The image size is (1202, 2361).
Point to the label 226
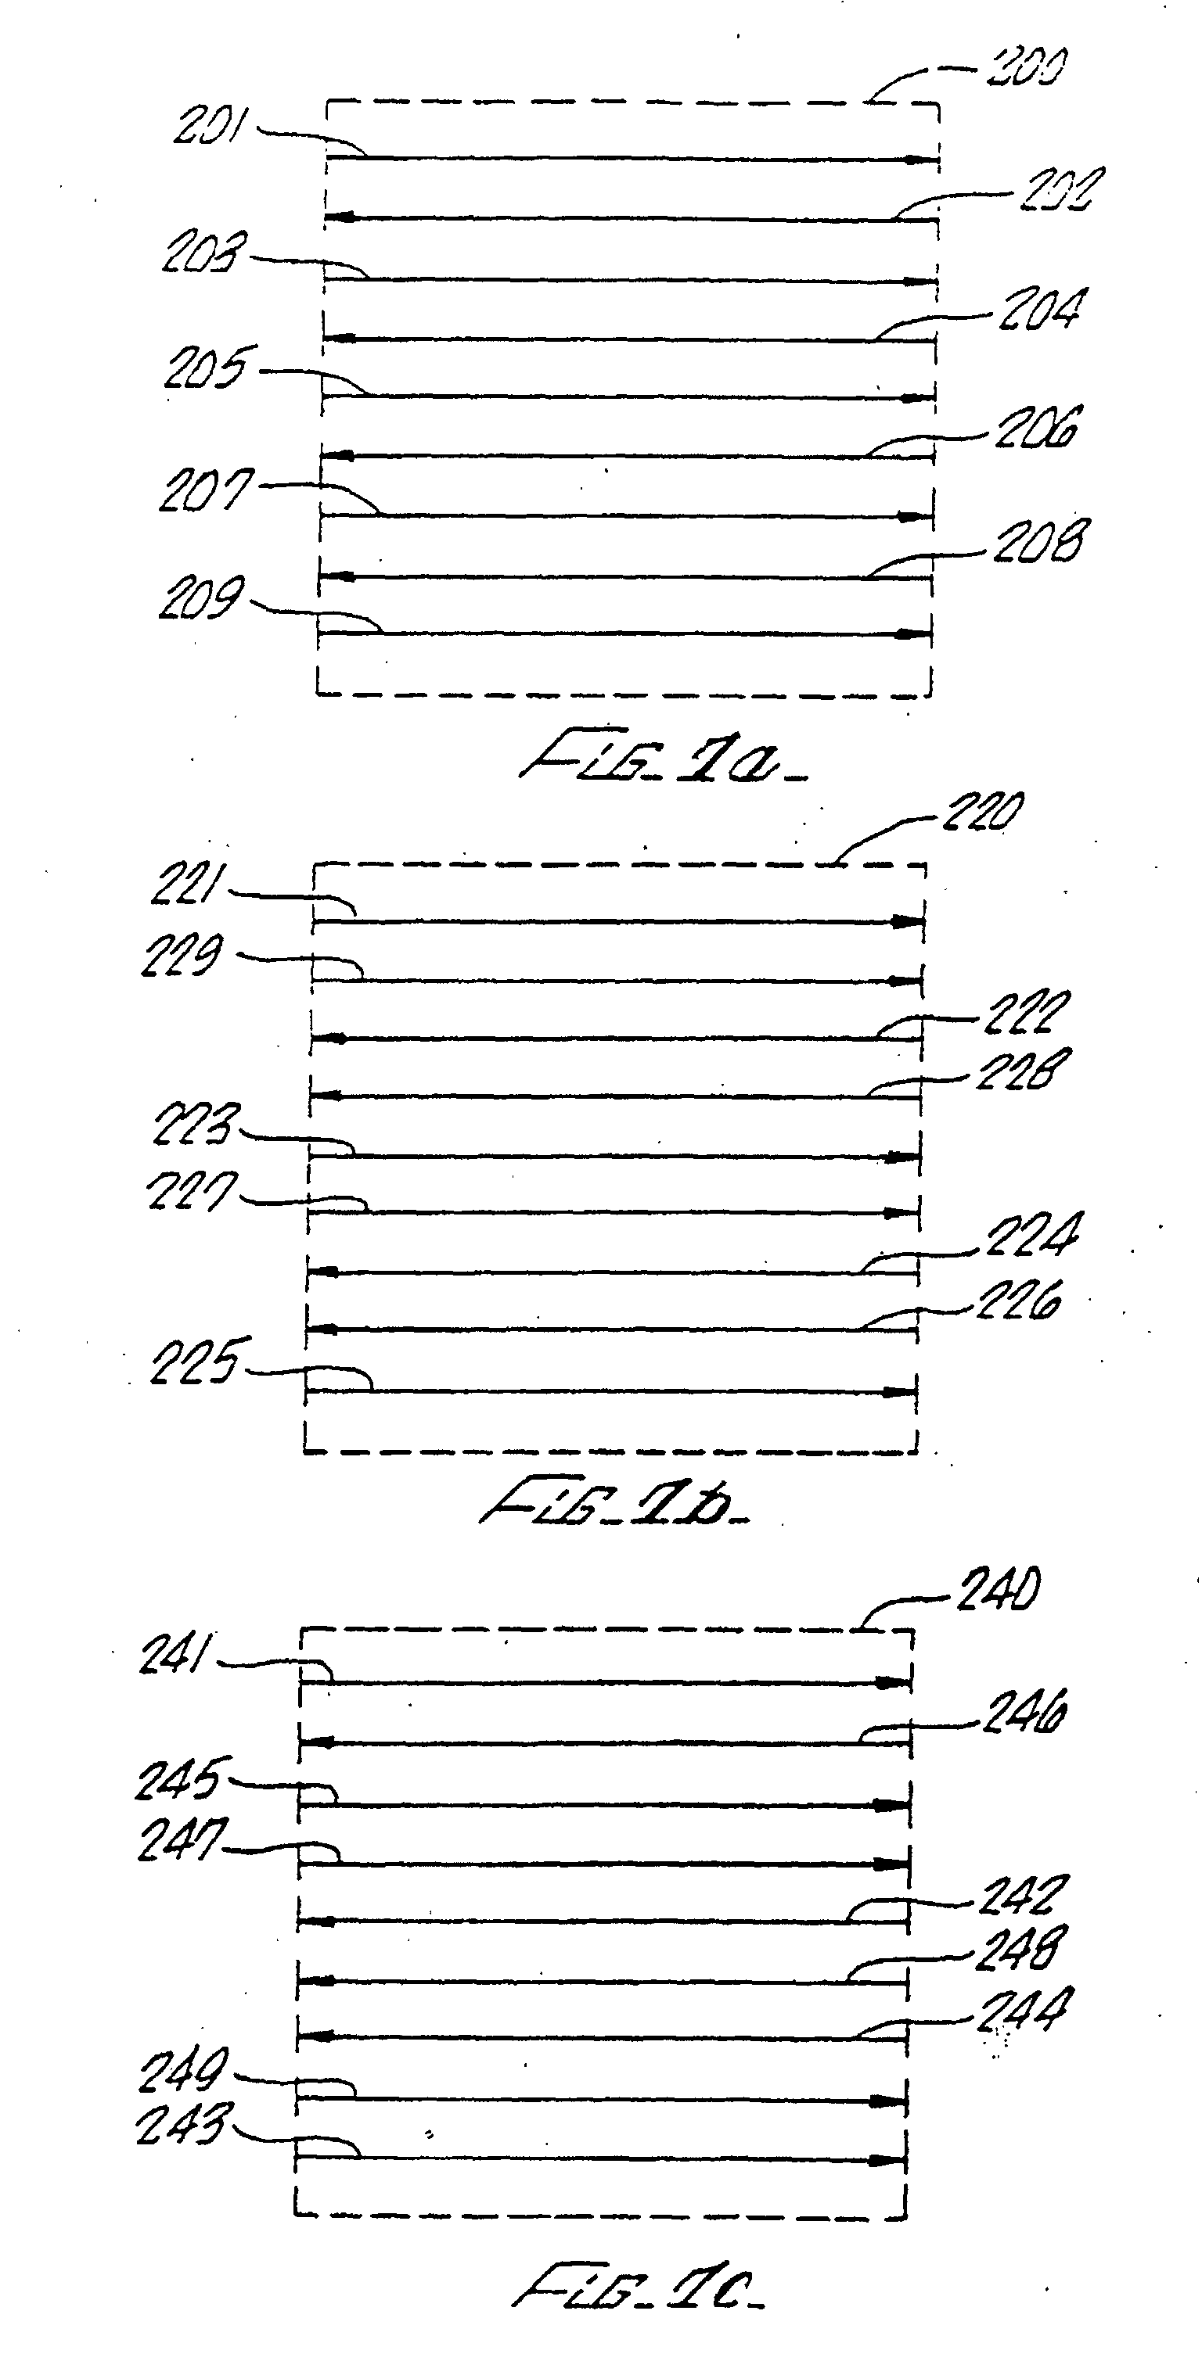[x=1019, y=1301]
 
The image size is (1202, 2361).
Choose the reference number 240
[x=999, y=1590]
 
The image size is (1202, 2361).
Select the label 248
[x=1020, y=1950]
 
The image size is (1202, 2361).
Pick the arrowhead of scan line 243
[x=887, y=2160]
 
